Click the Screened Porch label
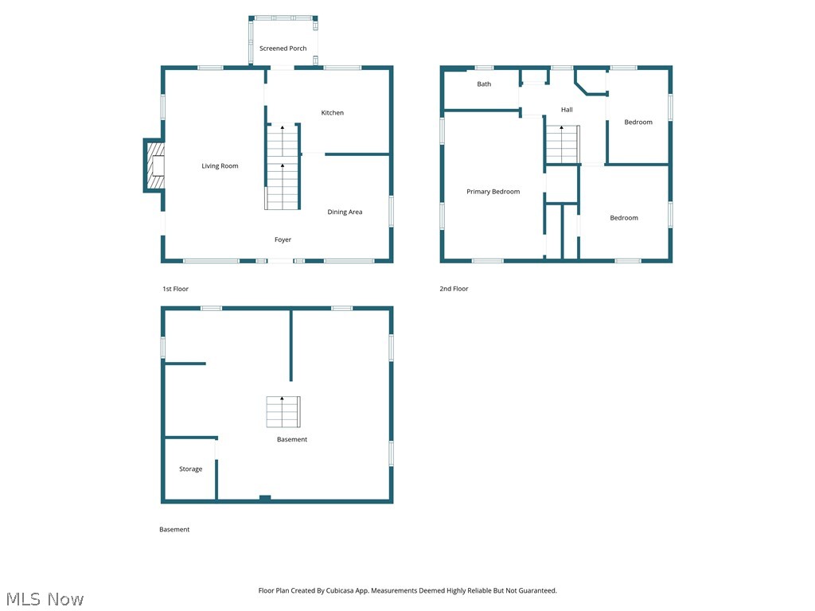coord(283,49)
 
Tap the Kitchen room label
coord(332,113)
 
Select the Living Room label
coord(220,166)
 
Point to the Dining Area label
coord(345,212)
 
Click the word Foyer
coord(283,239)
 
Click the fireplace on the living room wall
coord(155,165)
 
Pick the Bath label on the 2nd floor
coord(484,84)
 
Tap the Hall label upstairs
coord(566,110)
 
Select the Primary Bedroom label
coord(493,192)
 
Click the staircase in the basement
coord(283,411)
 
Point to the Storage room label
coord(190,469)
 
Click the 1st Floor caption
coord(175,289)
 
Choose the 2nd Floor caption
coord(454,289)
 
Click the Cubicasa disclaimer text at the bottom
coord(407,591)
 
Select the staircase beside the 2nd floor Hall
coord(562,145)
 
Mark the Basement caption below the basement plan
coord(174,530)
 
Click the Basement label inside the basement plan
coord(291,440)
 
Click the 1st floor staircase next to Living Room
coord(283,167)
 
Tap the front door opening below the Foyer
coord(281,260)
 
